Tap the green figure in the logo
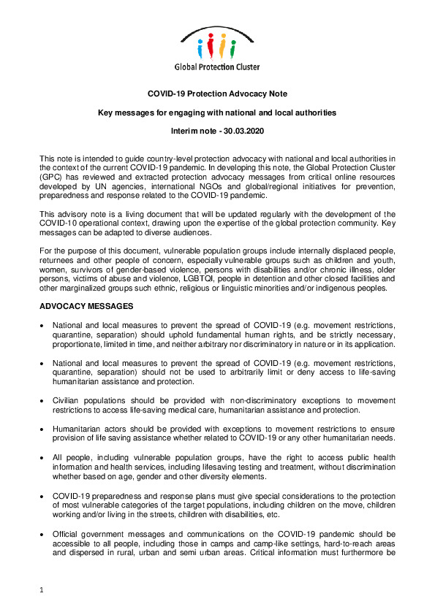[x=232, y=50]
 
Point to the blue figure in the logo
[x=201, y=50]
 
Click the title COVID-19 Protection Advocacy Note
[x=217, y=93]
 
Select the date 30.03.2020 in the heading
[x=242, y=129]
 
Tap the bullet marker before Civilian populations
[x=46, y=400]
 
